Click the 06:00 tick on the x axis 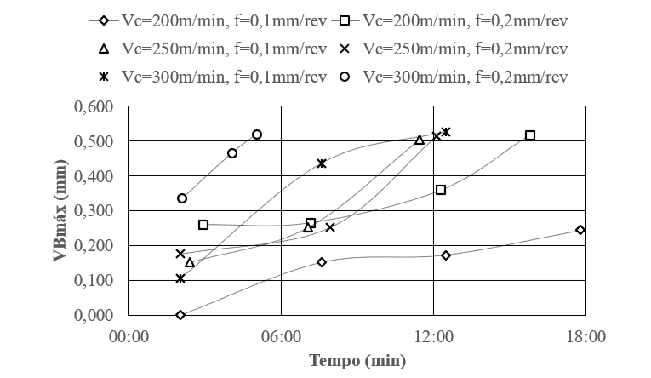coord(281,336)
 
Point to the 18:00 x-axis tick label coord(585,336)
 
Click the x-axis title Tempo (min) coord(357,360)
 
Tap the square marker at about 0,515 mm coord(530,135)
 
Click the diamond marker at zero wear coord(180,315)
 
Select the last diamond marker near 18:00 coord(580,230)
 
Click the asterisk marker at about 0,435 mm coord(321,163)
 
